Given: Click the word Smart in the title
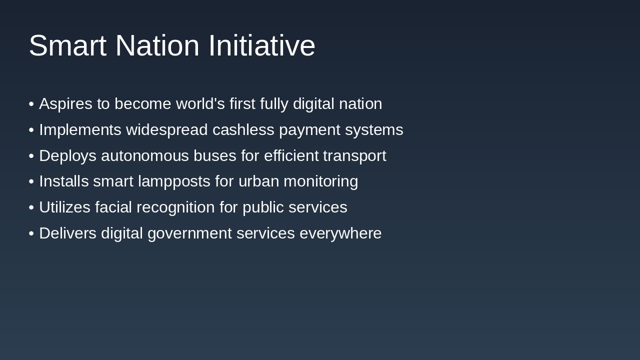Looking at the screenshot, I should pyautogui.click(x=67, y=45).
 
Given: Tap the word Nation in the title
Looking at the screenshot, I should pyautogui.click(x=157, y=45).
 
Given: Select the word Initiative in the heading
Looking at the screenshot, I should pyautogui.click(x=261, y=45).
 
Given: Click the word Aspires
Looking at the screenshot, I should pyautogui.click(x=65, y=104).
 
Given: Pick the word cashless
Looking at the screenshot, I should pyautogui.click(x=243, y=130).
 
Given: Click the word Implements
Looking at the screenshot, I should pyautogui.click(x=80, y=130).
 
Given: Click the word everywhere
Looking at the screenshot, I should pyautogui.click(x=340, y=233).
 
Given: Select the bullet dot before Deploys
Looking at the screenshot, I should pyautogui.click(x=31, y=156).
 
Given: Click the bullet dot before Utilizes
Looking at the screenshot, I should pyautogui.click(x=31, y=207).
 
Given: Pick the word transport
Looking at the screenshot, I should pyautogui.click(x=354, y=156).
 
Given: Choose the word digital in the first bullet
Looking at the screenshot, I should pyautogui.click(x=313, y=104).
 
